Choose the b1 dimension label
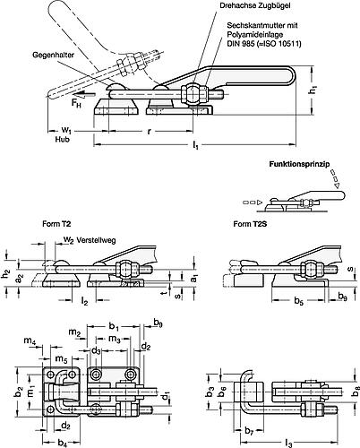pyautogui.click(x=115, y=327)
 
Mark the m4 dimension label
pyautogui.click(x=30, y=340)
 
